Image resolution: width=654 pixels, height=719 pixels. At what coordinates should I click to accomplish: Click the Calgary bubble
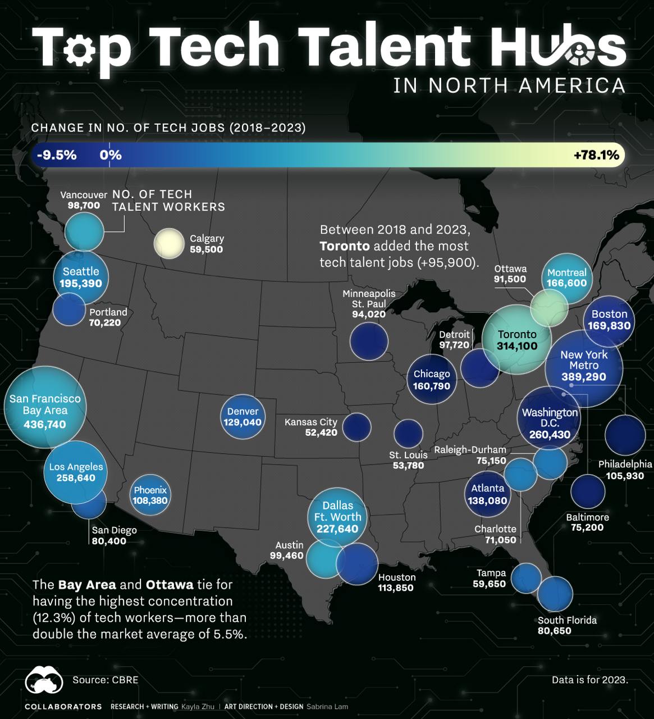pos(169,244)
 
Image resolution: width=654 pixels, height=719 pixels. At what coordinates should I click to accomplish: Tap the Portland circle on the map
pos(69,310)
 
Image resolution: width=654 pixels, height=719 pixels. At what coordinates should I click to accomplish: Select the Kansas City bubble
pos(356,427)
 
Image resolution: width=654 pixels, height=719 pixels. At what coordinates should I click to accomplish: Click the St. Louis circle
pos(408,433)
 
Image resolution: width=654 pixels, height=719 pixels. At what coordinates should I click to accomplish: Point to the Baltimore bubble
pos(588,490)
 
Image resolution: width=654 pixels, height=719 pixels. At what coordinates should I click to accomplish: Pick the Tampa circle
pos(526,578)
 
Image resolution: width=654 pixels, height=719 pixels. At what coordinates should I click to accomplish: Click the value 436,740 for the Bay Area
pos(45,424)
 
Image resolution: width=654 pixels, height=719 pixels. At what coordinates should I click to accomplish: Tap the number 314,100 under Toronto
pos(516,346)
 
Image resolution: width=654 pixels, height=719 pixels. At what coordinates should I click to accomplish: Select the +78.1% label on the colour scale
pos(596,155)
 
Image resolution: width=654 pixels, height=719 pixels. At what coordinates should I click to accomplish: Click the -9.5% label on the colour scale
pos(57,155)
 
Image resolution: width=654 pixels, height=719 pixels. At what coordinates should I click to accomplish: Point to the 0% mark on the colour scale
pos(111,155)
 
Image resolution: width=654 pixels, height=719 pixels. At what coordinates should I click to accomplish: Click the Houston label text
pos(397,577)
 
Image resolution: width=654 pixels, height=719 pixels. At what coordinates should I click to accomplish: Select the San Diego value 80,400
pos(109,541)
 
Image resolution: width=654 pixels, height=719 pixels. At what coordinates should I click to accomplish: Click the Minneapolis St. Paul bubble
pos(369,341)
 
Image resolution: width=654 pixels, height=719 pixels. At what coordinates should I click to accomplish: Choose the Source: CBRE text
pos(105,680)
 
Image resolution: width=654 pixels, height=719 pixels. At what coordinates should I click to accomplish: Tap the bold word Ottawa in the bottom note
pos(170,585)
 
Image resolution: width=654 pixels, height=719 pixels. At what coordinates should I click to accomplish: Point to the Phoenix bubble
pos(150,495)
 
